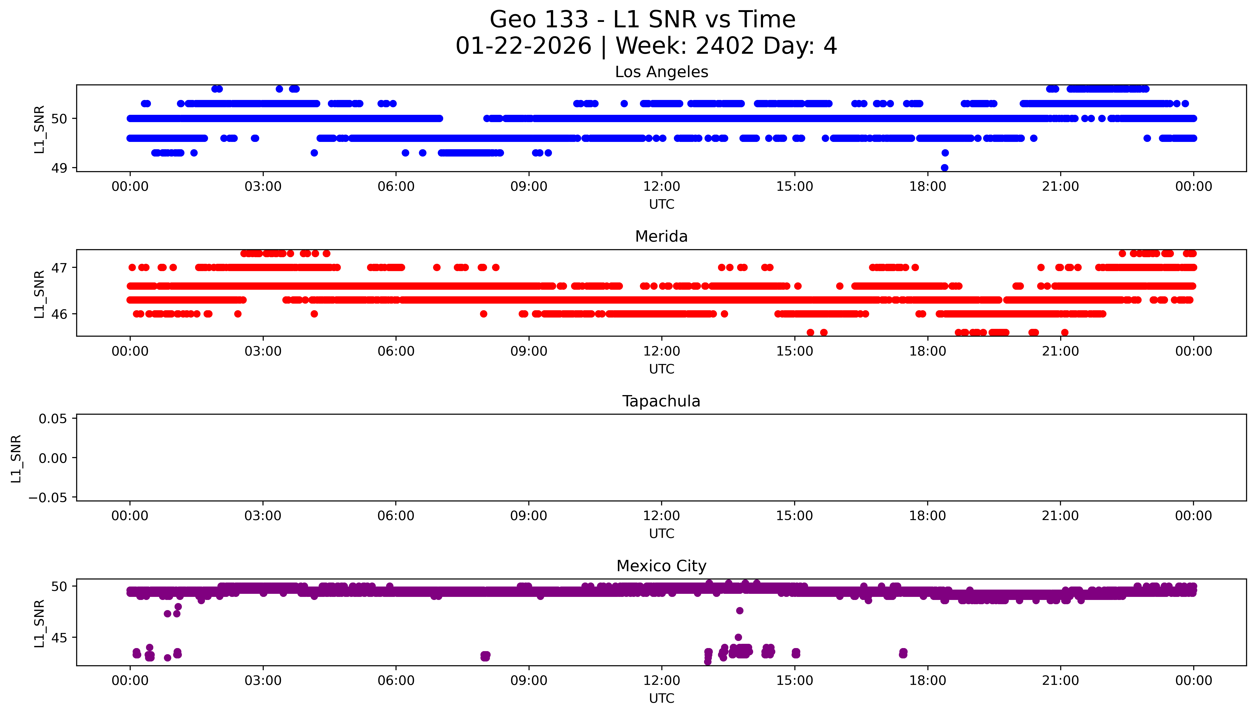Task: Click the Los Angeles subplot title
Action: click(661, 72)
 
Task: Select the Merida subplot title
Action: click(661, 237)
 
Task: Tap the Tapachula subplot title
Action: click(661, 401)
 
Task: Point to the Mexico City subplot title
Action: click(661, 566)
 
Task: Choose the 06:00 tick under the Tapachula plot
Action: click(395, 516)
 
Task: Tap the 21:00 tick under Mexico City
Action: click(1060, 681)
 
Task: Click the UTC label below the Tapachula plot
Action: click(661, 534)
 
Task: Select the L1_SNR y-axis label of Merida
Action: click(39, 294)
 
